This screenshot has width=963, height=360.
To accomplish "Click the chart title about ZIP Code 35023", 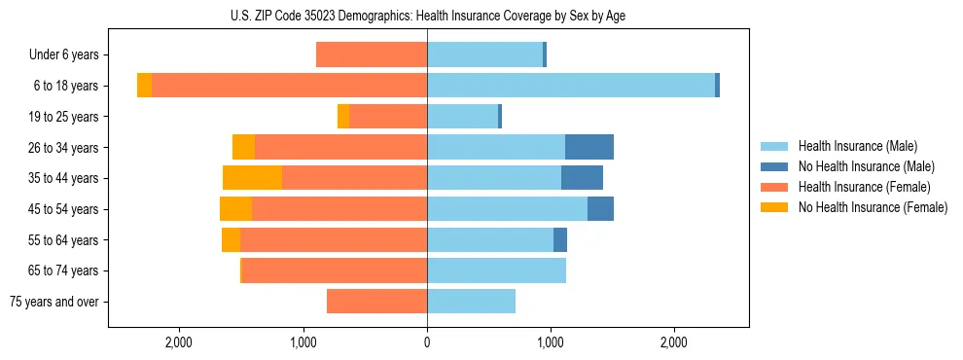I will tap(428, 16).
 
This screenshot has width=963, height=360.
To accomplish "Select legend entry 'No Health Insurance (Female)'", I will tap(873, 207).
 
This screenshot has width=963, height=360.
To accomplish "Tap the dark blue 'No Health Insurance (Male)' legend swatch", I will tap(775, 166).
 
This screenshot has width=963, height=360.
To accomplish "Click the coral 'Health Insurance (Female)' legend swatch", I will tap(775, 187).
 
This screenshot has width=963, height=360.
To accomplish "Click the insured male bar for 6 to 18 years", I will tap(571, 86).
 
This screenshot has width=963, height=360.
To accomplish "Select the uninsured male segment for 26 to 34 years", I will tap(589, 147).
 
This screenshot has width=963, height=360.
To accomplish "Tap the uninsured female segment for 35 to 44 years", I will tap(252, 178).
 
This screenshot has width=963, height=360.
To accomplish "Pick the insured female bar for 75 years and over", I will tap(376, 302).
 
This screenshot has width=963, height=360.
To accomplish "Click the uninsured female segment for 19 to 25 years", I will tap(343, 117).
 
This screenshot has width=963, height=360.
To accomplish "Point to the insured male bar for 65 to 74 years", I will tap(496, 270).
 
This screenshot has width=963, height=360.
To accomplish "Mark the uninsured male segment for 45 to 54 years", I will tap(600, 209).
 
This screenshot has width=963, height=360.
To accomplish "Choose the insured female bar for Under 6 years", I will tap(372, 55).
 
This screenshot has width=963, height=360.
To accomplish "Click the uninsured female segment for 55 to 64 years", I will tap(231, 240).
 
